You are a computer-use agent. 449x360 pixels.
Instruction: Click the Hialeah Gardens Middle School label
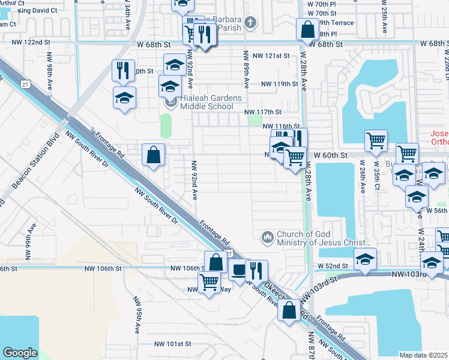[204, 103]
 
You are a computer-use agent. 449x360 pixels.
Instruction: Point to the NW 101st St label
[172, 344]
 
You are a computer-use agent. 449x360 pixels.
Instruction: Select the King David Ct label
[37, 11]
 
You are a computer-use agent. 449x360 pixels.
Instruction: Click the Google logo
[20, 353]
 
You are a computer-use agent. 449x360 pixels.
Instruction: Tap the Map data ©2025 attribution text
[423, 355]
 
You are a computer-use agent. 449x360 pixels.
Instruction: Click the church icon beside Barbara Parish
[250, 23]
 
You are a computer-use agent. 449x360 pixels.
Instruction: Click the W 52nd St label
[333, 265]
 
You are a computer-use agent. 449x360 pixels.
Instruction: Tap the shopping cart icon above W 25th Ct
[376, 140]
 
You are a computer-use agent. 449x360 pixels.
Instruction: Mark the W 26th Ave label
[363, 174]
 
